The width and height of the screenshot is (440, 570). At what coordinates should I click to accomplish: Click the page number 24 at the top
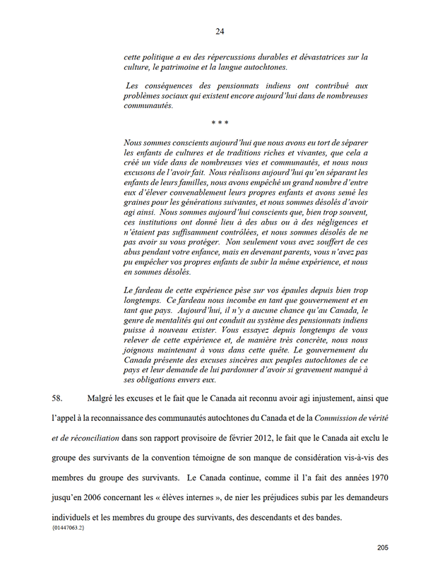coord(220,30)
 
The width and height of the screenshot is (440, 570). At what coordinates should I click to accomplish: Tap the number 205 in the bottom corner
coord(383,547)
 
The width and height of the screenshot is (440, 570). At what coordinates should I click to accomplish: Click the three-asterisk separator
coord(220,124)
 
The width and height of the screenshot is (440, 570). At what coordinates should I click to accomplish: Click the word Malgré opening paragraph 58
coord(102,398)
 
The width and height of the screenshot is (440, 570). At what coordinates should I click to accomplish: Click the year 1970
coord(375,478)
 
